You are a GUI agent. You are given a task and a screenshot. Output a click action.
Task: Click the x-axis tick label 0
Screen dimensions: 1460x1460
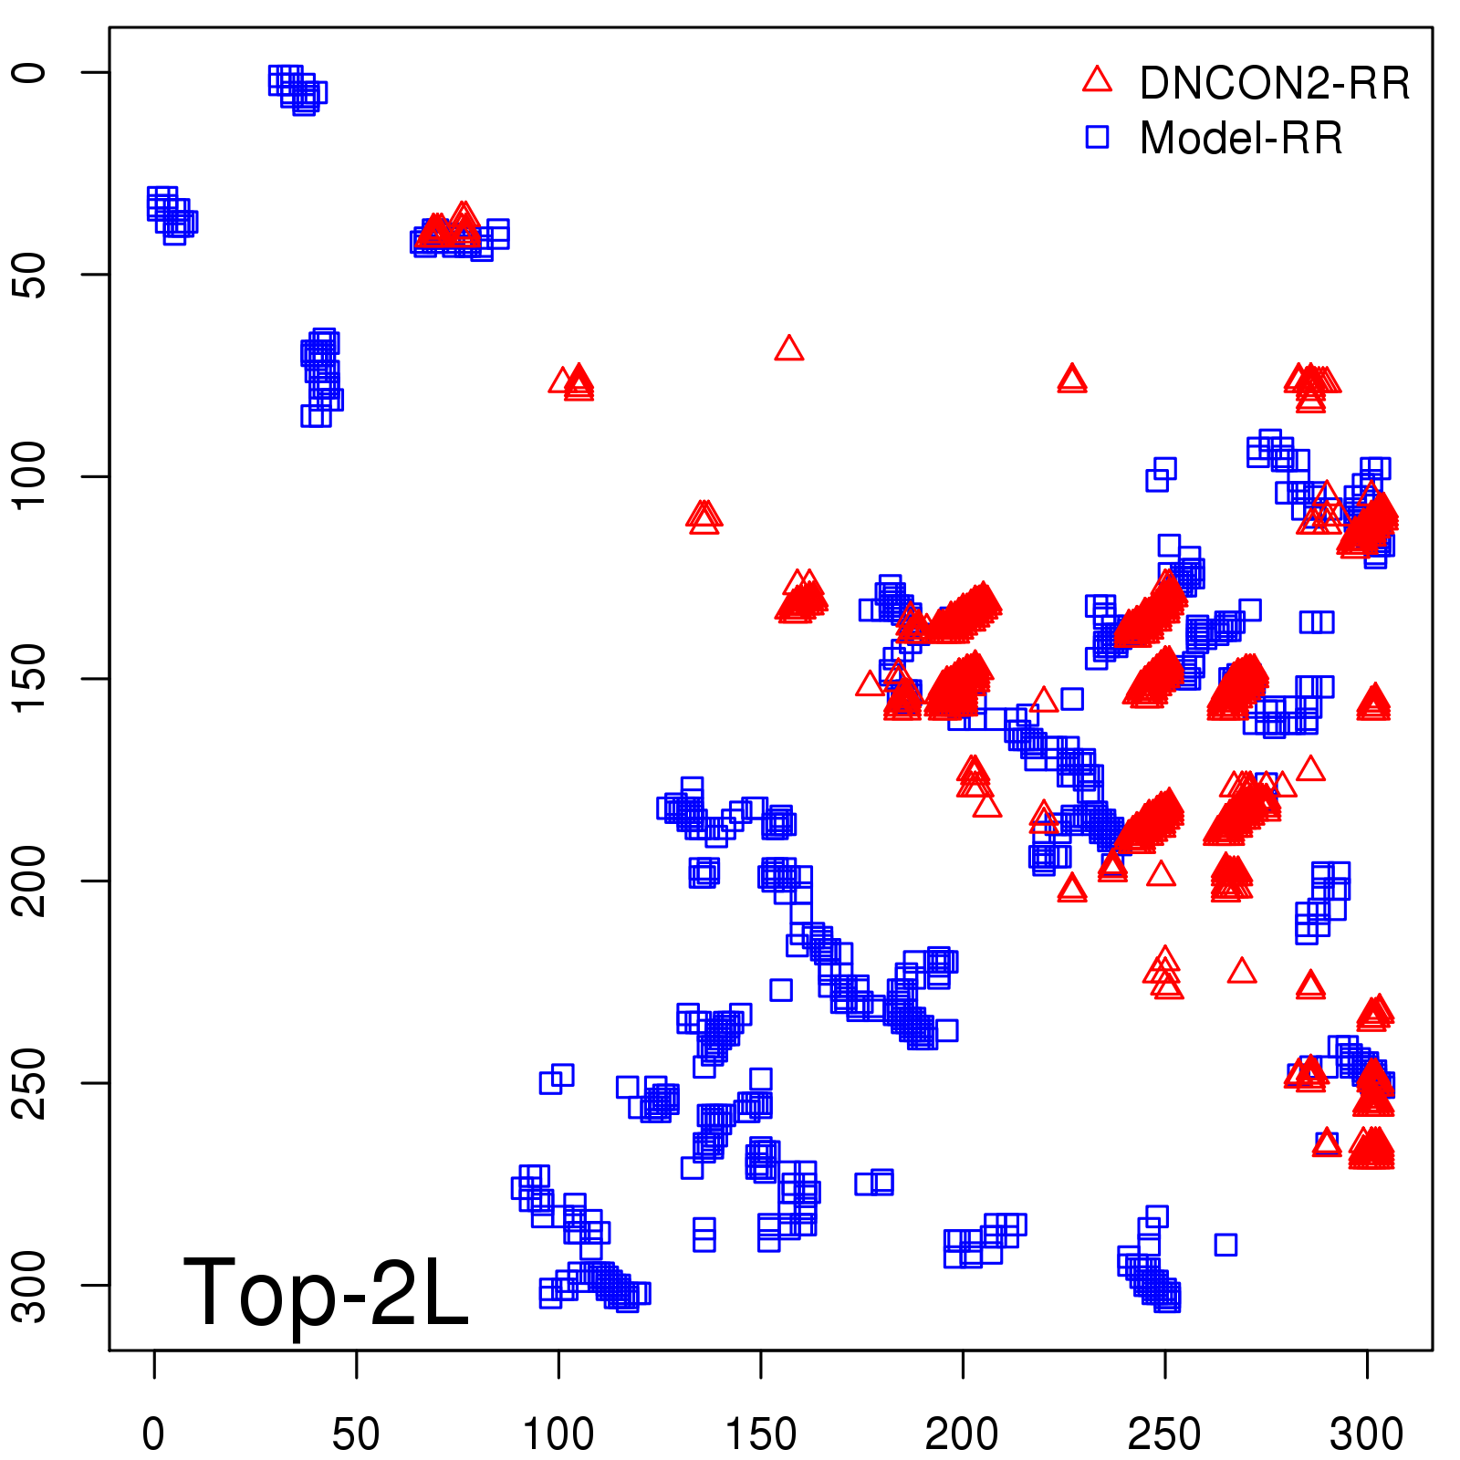(153, 1435)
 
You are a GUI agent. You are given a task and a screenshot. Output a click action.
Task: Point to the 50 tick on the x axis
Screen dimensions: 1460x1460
(356, 1435)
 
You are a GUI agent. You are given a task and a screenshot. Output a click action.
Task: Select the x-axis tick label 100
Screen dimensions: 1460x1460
(558, 1435)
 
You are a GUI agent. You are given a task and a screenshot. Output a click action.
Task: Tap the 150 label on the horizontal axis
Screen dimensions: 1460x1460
(760, 1435)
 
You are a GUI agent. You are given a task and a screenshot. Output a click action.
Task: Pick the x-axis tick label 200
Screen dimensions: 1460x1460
(962, 1435)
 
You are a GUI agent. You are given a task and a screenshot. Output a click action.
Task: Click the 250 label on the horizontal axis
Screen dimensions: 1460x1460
(1164, 1435)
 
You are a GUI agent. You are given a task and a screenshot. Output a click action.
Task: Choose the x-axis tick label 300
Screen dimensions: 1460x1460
(1366, 1435)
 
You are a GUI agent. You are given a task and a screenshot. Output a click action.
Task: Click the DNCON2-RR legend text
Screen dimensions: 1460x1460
(1275, 84)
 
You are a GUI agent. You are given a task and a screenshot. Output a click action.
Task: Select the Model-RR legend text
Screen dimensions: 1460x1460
(1241, 139)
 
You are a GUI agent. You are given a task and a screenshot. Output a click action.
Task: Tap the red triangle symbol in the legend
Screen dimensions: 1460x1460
(1097, 80)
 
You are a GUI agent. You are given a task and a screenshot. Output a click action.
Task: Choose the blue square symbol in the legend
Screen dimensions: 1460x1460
(1097, 137)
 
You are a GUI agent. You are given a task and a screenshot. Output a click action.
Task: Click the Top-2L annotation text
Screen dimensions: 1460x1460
(326, 1292)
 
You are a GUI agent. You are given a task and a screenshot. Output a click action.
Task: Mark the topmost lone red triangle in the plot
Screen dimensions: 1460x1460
(789, 349)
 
